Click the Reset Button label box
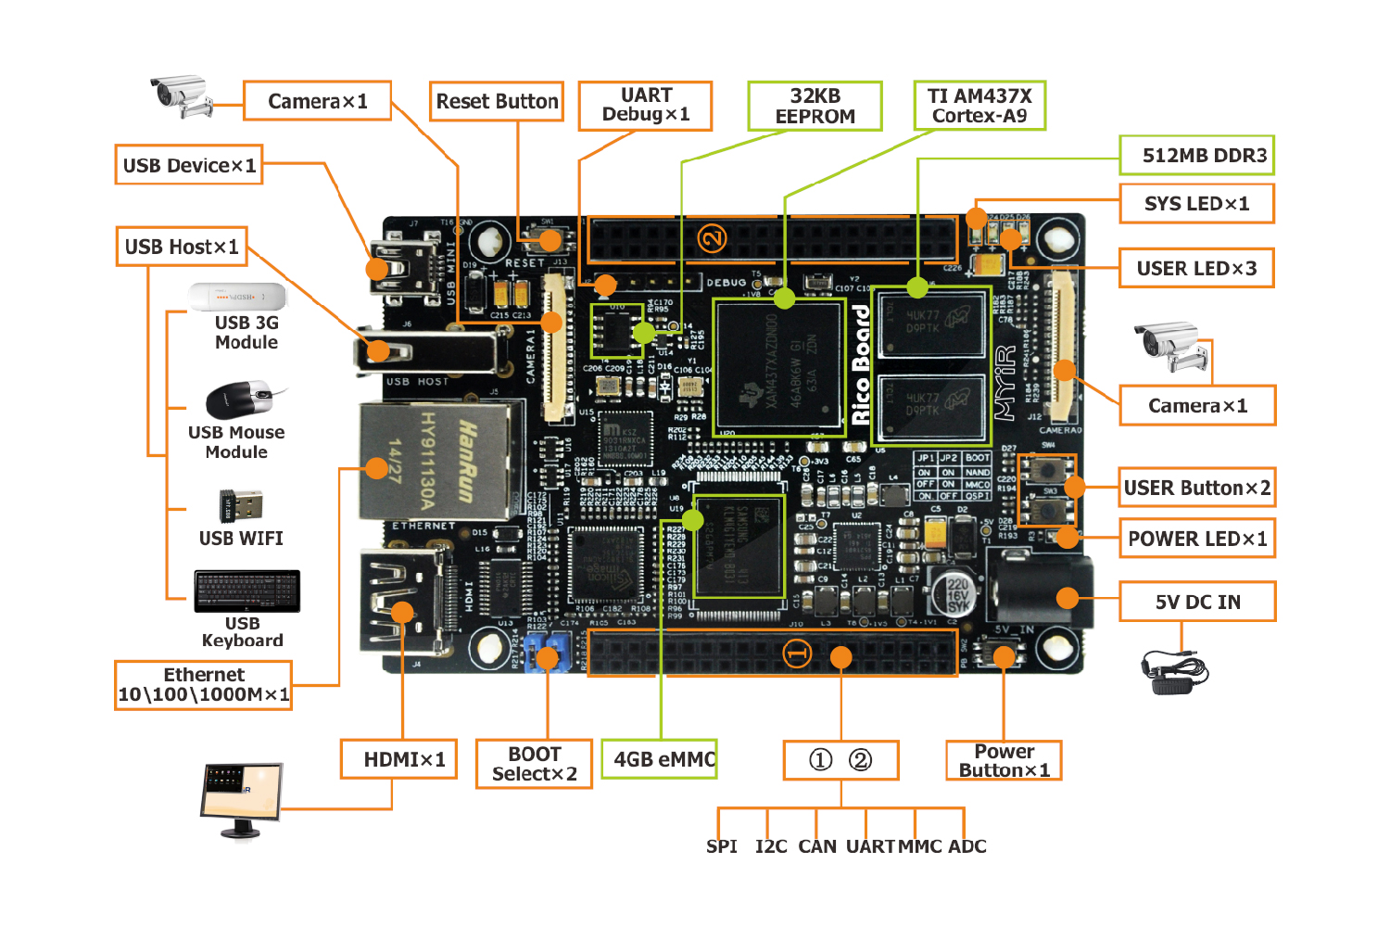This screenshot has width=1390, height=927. [497, 101]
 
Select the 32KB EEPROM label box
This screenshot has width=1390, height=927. [815, 106]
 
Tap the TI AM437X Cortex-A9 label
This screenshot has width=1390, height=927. [979, 106]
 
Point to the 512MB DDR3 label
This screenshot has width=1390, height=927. [1196, 156]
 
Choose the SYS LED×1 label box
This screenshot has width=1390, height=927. [1196, 204]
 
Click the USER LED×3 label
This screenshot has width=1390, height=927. [1196, 269]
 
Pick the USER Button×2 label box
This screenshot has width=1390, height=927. [1196, 488]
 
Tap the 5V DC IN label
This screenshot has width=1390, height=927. [1197, 603]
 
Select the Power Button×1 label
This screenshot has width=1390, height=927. [1004, 760]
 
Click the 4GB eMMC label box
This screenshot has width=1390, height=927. [660, 759]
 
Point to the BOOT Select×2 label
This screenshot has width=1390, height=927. [534, 764]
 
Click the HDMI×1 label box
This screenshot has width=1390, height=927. [398, 759]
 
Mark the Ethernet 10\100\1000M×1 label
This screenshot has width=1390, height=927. [203, 685]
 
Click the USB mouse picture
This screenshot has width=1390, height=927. [240, 399]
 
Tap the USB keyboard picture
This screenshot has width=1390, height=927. [246, 591]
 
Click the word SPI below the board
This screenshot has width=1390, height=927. [721, 846]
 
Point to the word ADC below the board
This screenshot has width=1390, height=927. [967, 846]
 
